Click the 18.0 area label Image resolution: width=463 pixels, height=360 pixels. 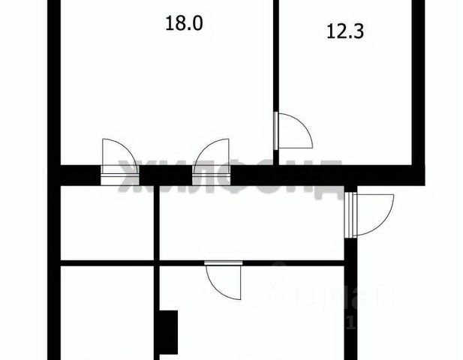(184, 23)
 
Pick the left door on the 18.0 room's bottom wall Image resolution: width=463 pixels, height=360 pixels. (114, 157)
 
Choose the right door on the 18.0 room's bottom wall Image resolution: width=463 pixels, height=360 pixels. (212, 157)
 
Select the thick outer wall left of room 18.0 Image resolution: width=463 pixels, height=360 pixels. (53, 82)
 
